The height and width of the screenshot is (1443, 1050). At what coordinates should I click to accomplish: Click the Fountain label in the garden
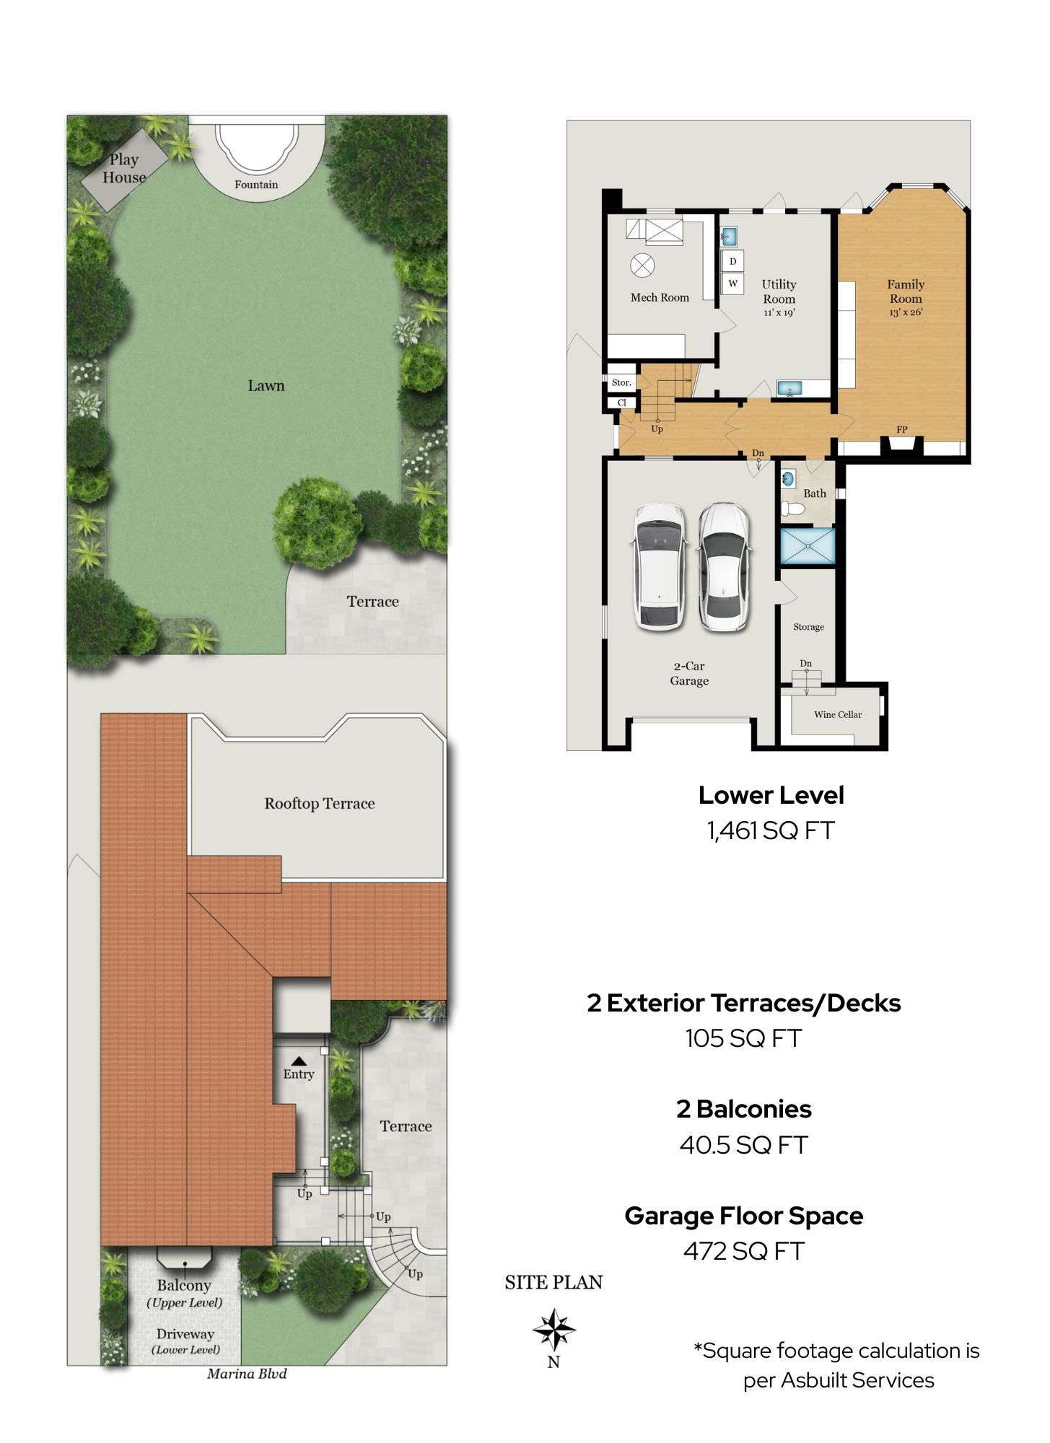pos(256,185)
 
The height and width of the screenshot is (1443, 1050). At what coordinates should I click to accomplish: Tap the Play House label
pos(124,169)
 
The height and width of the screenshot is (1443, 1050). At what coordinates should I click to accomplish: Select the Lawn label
pos(266,386)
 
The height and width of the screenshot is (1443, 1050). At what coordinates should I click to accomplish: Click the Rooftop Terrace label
pos(320,804)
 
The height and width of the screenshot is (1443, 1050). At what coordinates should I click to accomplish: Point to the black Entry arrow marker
pos(299,1061)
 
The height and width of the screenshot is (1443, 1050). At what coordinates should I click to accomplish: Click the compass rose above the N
pos(554,1329)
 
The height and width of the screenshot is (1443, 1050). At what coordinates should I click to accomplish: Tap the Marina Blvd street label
pos(247,1374)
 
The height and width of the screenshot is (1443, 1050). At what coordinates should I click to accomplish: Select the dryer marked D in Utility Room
pos(733,261)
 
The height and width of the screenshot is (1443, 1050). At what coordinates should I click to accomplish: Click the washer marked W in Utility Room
pos(733,284)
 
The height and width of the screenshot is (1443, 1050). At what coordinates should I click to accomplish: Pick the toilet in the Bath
pos(792,509)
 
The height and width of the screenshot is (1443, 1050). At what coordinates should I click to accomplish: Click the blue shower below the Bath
pos(808,546)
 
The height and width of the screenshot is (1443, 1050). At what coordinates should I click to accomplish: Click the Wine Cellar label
pos(838,715)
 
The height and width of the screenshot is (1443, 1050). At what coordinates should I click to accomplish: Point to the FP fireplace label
pos(902,430)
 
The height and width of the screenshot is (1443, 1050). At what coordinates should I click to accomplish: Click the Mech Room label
pos(660,297)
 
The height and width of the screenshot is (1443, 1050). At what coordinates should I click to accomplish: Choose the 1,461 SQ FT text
pos(771,830)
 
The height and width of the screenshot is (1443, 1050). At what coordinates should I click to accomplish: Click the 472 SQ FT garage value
pos(743,1251)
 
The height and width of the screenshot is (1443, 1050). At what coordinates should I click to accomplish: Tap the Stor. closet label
pos(621,383)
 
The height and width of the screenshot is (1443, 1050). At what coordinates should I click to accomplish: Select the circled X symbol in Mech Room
pos(642,266)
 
